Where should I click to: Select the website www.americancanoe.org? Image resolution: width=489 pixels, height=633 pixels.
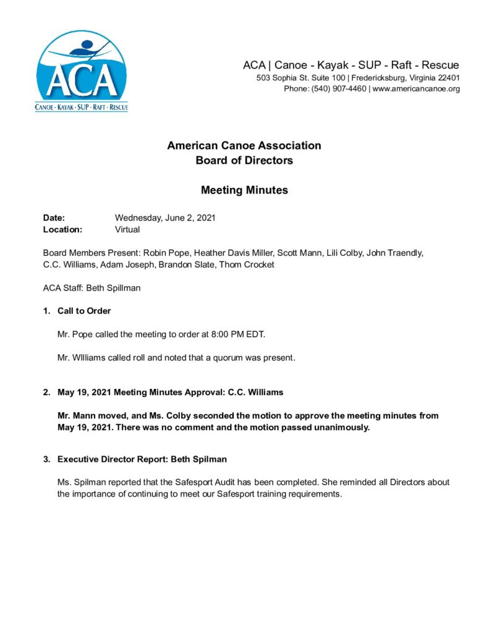[416, 89]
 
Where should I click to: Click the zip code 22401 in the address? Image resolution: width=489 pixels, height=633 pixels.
[445, 78]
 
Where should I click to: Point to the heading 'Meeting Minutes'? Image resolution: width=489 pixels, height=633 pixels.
[244, 190]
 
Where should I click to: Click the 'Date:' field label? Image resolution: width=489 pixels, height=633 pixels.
[54, 218]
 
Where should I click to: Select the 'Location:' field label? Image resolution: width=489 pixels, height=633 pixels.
[62, 229]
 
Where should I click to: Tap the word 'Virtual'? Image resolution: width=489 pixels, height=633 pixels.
[127, 229]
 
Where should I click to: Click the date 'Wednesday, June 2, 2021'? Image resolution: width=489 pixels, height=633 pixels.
[165, 218]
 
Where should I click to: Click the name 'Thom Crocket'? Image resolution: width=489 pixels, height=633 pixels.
[245, 265]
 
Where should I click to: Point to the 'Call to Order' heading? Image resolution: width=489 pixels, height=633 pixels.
[84, 311]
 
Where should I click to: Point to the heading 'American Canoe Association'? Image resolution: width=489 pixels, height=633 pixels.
[244, 146]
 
